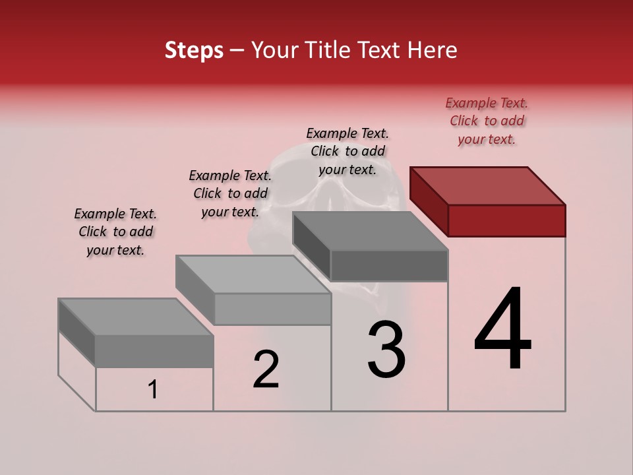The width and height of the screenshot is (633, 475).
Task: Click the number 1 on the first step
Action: (x=153, y=390)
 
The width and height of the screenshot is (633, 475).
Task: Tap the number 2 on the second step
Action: (x=266, y=369)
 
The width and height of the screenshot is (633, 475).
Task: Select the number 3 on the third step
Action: (x=386, y=350)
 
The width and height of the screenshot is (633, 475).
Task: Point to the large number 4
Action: (x=502, y=329)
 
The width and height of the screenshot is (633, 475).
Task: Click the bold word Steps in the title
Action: (x=194, y=50)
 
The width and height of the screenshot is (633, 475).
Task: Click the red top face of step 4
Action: (x=488, y=185)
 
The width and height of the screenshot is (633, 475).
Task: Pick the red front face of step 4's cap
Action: (x=506, y=220)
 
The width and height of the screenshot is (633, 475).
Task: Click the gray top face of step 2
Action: (x=253, y=274)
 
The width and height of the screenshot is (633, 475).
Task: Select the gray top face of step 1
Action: (x=136, y=317)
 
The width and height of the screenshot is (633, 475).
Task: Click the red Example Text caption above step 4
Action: (x=487, y=121)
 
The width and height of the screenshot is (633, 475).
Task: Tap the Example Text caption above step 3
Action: (x=347, y=151)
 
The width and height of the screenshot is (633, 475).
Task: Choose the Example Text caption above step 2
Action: (x=230, y=193)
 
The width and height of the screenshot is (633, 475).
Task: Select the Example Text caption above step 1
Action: (x=115, y=232)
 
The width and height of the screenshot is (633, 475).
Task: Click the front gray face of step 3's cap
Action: (x=389, y=265)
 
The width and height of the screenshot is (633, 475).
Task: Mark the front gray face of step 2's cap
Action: (x=272, y=309)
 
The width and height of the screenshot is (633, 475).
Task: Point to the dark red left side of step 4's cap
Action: (x=429, y=201)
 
